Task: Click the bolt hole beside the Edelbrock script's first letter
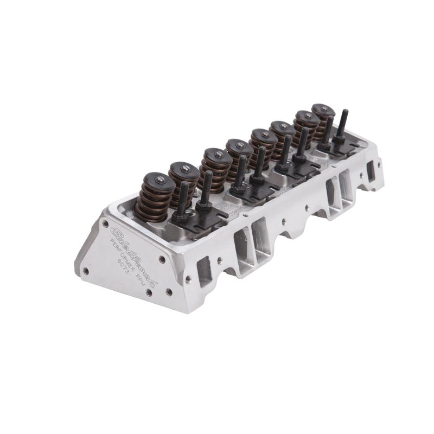pyautogui.click(x=105, y=223)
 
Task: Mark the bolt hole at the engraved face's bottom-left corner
pyautogui.click(x=86, y=270)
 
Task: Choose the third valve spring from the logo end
pyautogui.click(x=214, y=168)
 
